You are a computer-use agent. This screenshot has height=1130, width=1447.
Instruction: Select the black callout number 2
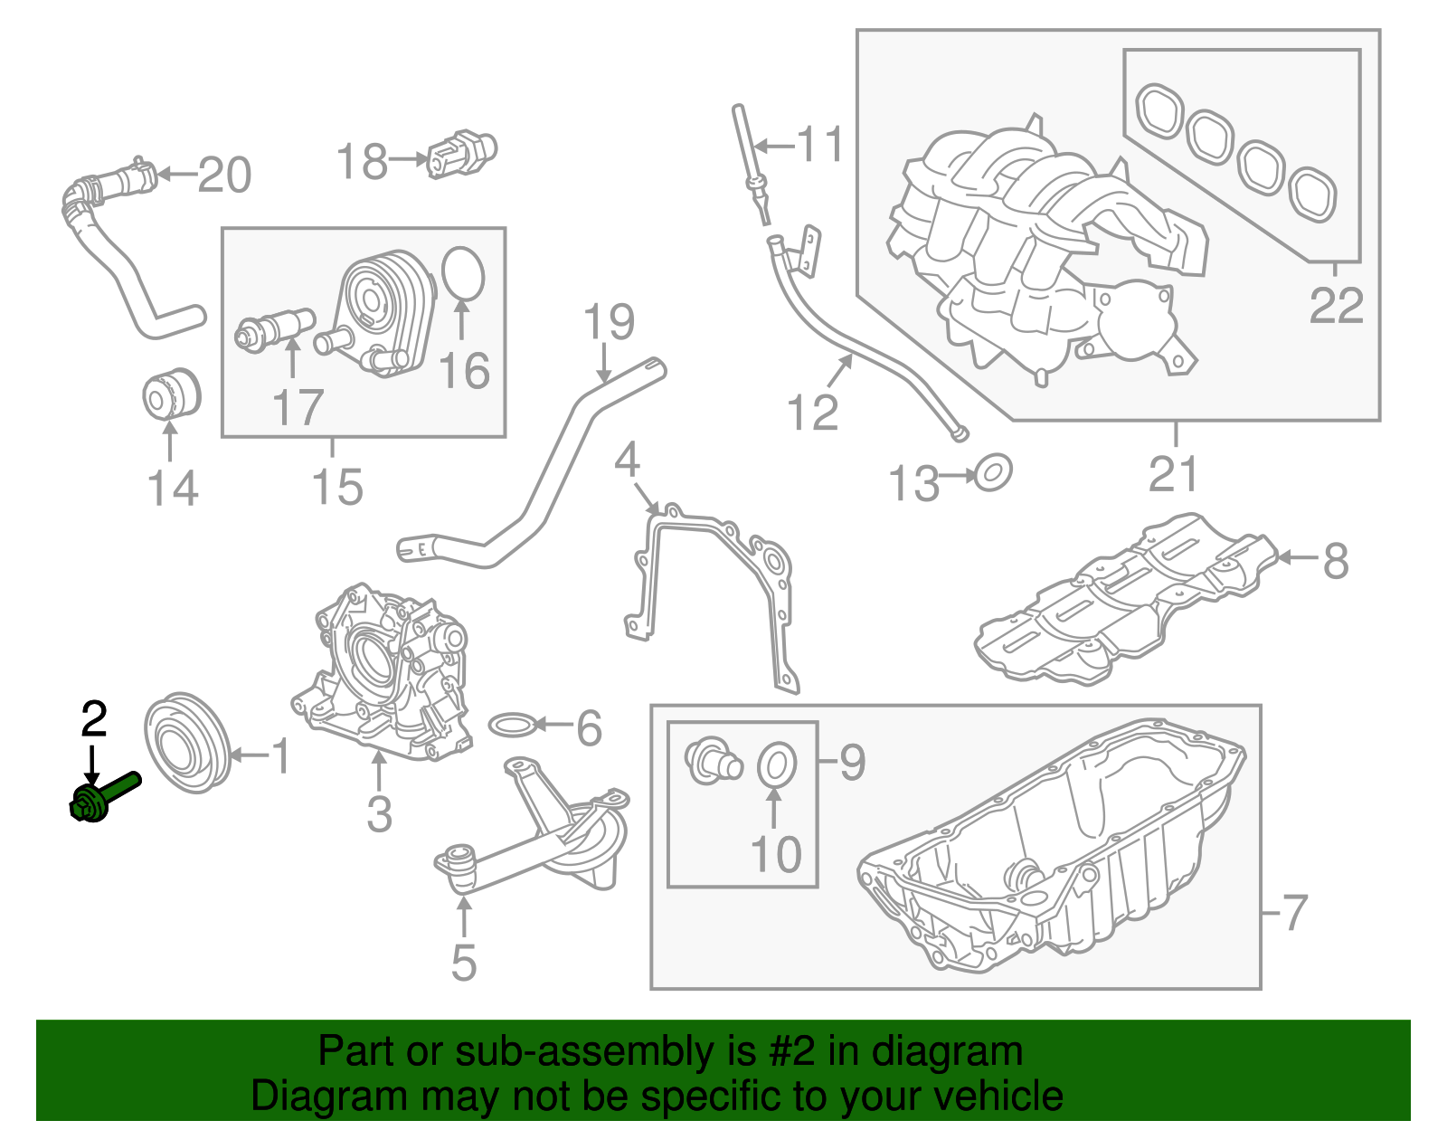tap(94, 720)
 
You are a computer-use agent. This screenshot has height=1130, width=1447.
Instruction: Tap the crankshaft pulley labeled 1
tap(187, 744)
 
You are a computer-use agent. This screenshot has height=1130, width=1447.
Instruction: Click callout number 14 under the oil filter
tap(172, 489)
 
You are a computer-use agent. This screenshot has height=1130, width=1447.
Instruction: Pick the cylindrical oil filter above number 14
tap(172, 394)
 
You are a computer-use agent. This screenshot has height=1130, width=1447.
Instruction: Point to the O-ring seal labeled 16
tap(463, 273)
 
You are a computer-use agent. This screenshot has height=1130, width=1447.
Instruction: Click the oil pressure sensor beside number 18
tap(461, 153)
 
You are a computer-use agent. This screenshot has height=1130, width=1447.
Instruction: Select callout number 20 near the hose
tap(224, 175)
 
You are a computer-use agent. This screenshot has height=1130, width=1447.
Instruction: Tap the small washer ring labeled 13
tap(992, 473)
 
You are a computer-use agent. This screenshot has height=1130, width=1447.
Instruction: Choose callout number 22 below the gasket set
tap(1336, 306)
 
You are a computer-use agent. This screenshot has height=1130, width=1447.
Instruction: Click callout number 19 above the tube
tap(609, 321)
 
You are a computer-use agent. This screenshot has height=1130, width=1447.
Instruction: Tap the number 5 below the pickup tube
tap(463, 963)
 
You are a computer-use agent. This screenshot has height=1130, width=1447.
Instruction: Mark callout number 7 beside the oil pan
tap(1295, 912)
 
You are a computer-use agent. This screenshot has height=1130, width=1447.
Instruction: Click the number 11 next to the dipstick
tap(820, 145)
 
